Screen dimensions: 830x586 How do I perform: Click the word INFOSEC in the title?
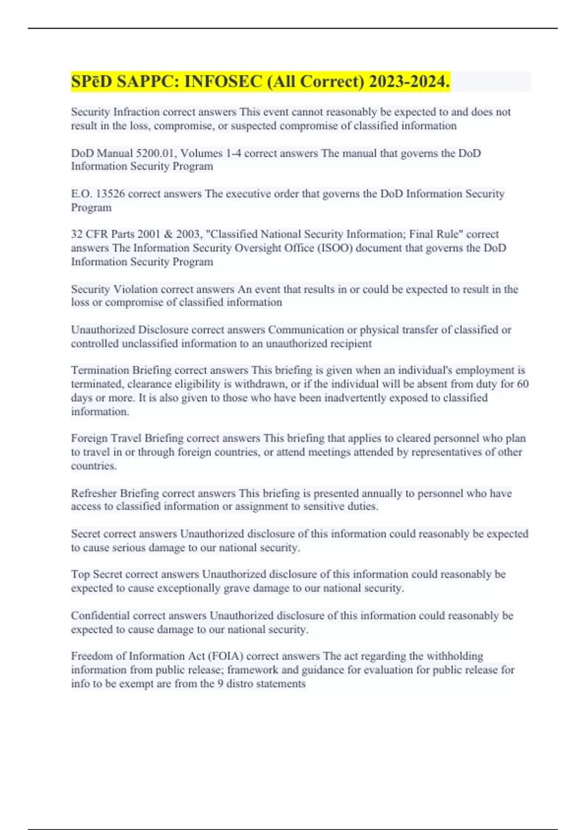click(x=223, y=82)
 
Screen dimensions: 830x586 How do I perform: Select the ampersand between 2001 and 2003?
click(x=168, y=234)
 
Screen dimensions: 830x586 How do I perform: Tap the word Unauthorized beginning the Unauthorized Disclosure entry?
click(x=103, y=330)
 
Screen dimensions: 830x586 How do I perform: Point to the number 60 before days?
click(x=523, y=384)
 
